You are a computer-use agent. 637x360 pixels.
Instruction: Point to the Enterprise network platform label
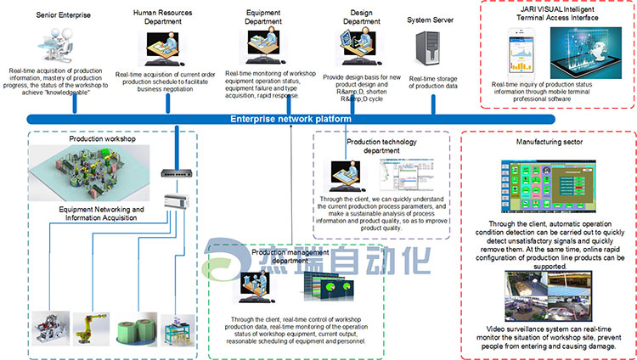pyautogui.click(x=290, y=120)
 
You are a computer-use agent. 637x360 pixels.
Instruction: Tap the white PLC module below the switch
pyautogui.click(x=176, y=200)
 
